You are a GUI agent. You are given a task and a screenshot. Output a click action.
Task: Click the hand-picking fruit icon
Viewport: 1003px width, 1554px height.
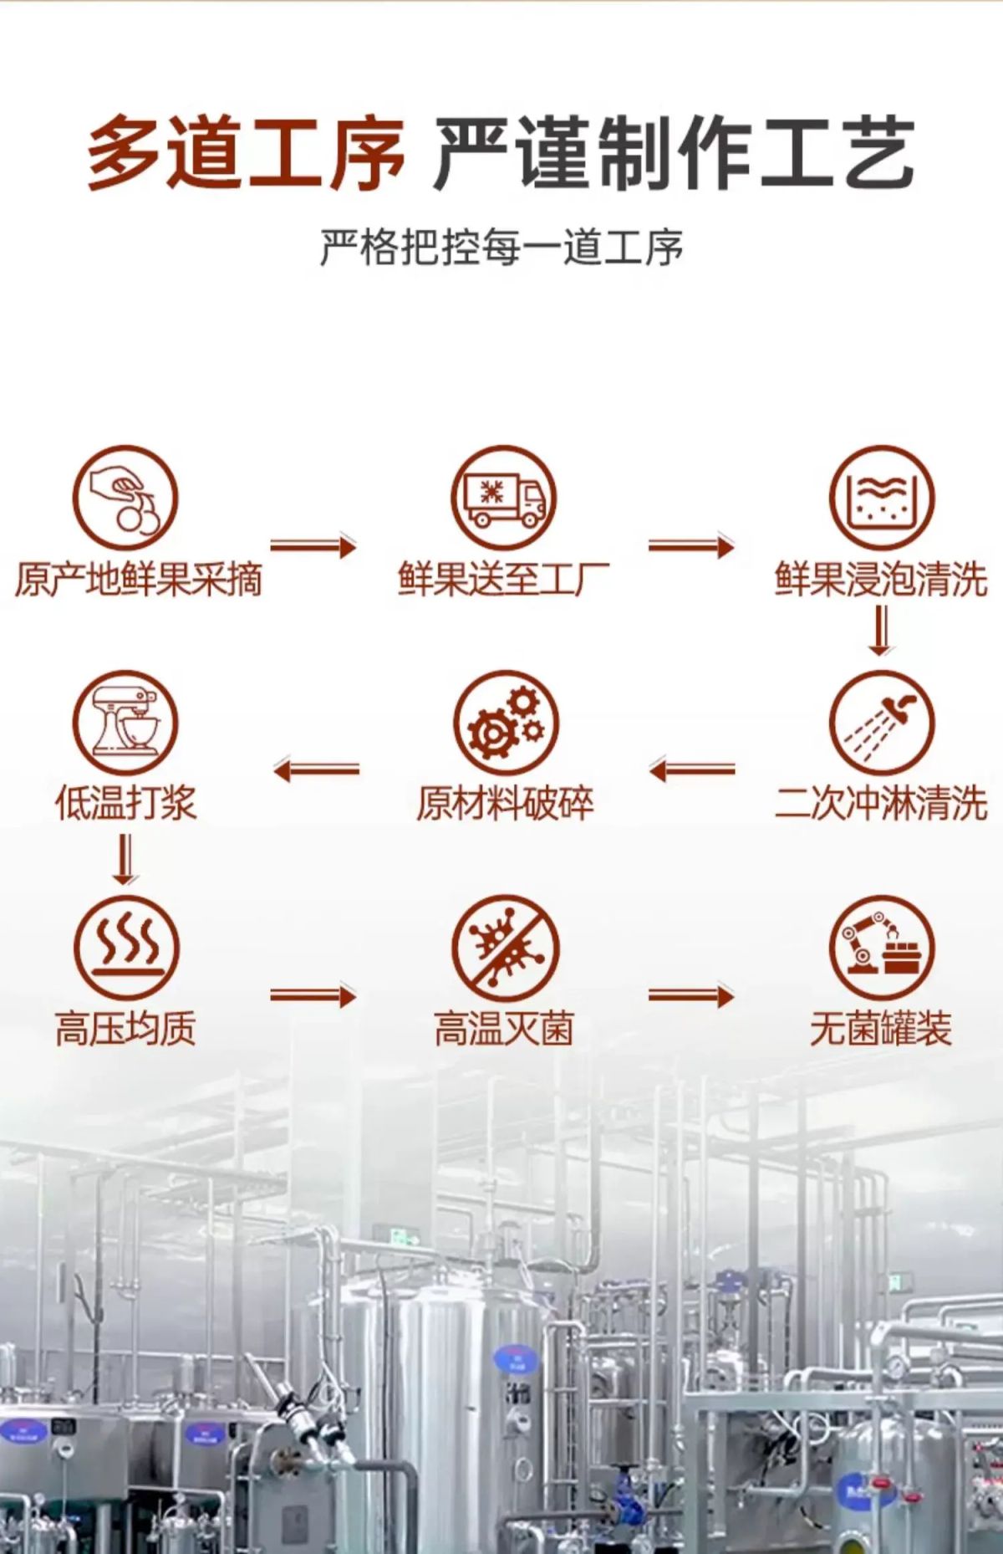point(125,498)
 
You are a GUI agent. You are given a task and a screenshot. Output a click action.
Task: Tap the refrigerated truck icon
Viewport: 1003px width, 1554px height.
point(504,498)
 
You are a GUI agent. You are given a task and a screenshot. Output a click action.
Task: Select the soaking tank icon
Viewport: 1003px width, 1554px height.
point(882,498)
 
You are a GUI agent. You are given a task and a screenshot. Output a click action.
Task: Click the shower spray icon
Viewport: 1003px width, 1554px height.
point(882,723)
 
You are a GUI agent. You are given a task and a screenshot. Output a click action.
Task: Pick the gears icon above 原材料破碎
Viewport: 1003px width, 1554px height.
point(504,723)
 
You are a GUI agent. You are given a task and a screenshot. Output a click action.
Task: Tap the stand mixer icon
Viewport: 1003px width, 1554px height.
point(125,723)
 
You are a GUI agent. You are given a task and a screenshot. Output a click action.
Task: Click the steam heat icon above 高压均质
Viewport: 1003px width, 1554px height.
point(125,948)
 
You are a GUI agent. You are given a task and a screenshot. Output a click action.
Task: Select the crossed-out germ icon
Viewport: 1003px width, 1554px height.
point(504,948)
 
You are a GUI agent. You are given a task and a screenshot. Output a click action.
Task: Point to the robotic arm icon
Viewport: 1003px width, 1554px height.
point(882,948)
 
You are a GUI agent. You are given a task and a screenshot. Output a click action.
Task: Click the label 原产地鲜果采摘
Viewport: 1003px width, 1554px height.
point(139,579)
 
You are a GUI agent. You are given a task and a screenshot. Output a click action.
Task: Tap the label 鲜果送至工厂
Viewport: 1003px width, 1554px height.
point(503,579)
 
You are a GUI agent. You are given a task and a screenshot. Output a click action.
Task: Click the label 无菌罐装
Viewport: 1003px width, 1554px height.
point(881,1029)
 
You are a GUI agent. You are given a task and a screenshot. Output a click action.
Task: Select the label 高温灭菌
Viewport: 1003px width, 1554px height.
point(504,1029)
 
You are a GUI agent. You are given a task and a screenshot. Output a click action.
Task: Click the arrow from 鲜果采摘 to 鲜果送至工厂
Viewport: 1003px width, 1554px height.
point(313,547)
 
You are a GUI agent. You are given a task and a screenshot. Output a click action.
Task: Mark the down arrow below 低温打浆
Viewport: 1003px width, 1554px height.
point(125,860)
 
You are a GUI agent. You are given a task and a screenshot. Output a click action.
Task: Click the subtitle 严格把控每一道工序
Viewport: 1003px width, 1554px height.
point(501,248)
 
